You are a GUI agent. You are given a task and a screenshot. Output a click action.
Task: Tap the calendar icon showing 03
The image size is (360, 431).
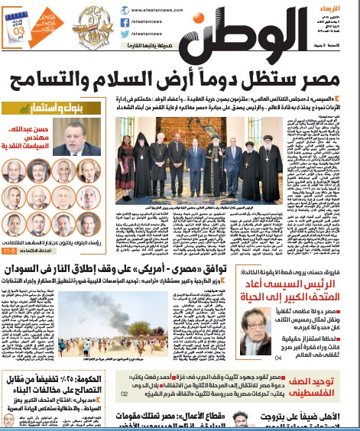(x=21, y=24)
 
